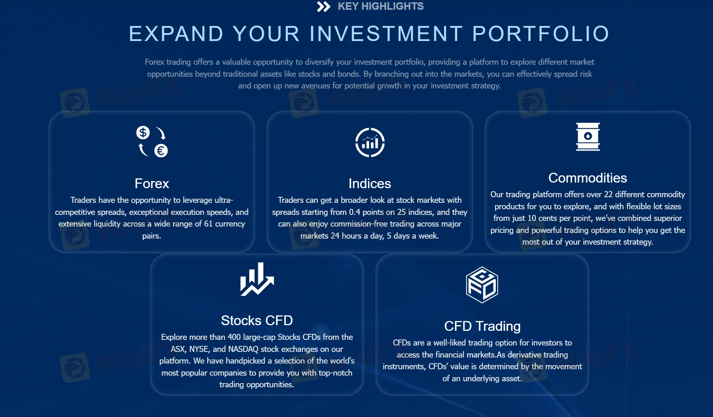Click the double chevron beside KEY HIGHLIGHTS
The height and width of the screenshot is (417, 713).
[323, 6]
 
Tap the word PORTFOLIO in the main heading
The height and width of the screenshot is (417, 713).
[540, 34]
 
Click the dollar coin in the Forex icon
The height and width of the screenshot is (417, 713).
[143, 132]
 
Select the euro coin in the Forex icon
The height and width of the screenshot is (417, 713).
[161, 151]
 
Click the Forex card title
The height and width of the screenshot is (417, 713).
[152, 184]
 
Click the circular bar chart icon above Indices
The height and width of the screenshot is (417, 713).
[370, 143]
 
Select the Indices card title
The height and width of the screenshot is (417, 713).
[370, 184]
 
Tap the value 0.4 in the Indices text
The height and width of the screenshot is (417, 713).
[354, 212]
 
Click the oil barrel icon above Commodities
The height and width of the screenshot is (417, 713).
[588, 137]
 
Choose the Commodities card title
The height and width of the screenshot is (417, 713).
[587, 178]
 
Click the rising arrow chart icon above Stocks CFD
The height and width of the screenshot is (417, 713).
[257, 279]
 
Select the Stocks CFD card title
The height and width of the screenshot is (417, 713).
[257, 321]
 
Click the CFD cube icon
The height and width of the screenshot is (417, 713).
[482, 285]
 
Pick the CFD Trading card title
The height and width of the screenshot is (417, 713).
[482, 326]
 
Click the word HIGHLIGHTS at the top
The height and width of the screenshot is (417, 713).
[392, 6]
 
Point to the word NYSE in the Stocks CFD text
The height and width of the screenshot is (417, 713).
[198, 349]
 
